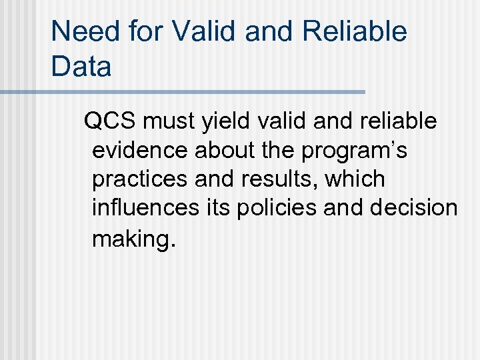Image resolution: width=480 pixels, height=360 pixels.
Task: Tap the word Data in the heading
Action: pyautogui.click(x=81, y=67)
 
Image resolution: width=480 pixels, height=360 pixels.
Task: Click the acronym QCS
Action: pyautogui.click(x=109, y=121)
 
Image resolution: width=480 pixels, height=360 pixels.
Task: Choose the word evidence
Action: pyautogui.click(x=141, y=151)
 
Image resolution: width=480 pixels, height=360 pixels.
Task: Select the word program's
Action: pyautogui.click(x=355, y=151)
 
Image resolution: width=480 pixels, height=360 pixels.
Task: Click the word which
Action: pyautogui.click(x=355, y=179)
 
